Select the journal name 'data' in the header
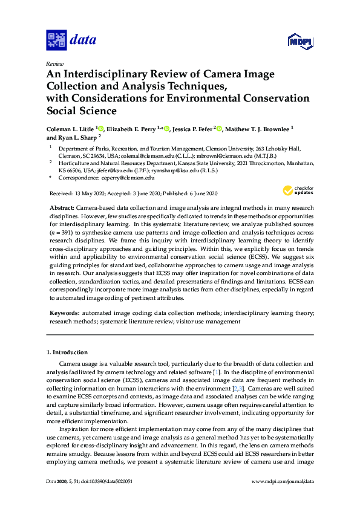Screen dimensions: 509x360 click(x=83, y=41)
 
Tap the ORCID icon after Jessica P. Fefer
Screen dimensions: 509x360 click(x=220, y=128)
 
